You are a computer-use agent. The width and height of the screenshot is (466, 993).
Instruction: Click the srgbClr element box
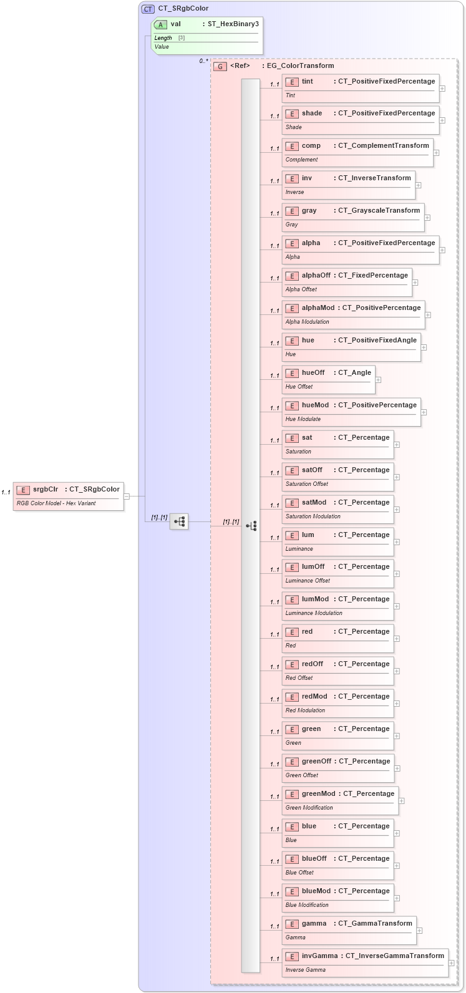(x=69, y=496)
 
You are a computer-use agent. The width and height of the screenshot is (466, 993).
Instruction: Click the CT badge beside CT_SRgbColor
(x=148, y=9)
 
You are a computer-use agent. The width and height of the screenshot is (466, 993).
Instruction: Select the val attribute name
(x=176, y=24)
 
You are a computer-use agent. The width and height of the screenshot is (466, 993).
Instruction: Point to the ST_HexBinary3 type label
(x=233, y=24)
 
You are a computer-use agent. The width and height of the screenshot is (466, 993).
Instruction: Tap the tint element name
(x=308, y=81)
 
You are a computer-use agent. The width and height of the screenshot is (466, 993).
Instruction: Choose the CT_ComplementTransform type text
(x=384, y=145)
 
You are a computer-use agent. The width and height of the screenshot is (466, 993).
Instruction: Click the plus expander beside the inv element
(x=419, y=185)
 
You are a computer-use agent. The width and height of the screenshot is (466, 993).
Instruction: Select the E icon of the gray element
(x=292, y=211)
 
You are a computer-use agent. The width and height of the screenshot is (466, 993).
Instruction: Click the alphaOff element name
(x=316, y=275)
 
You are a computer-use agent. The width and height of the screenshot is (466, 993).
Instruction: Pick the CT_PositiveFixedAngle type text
(x=377, y=340)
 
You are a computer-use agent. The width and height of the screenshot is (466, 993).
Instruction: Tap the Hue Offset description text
(x=299, y=387)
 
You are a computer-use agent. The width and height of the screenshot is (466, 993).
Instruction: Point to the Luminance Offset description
(x=308, y=581)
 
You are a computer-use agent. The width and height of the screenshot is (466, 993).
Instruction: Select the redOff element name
(x=313, y=664)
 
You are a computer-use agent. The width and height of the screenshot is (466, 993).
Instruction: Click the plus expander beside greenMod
(x=402, y=801)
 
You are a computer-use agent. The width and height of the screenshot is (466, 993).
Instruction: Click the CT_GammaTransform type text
(x=375, y=923)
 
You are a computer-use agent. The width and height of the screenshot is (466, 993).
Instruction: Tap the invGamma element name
(x=320, y=956)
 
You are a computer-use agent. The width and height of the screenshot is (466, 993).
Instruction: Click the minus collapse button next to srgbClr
(x=127, y=496)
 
